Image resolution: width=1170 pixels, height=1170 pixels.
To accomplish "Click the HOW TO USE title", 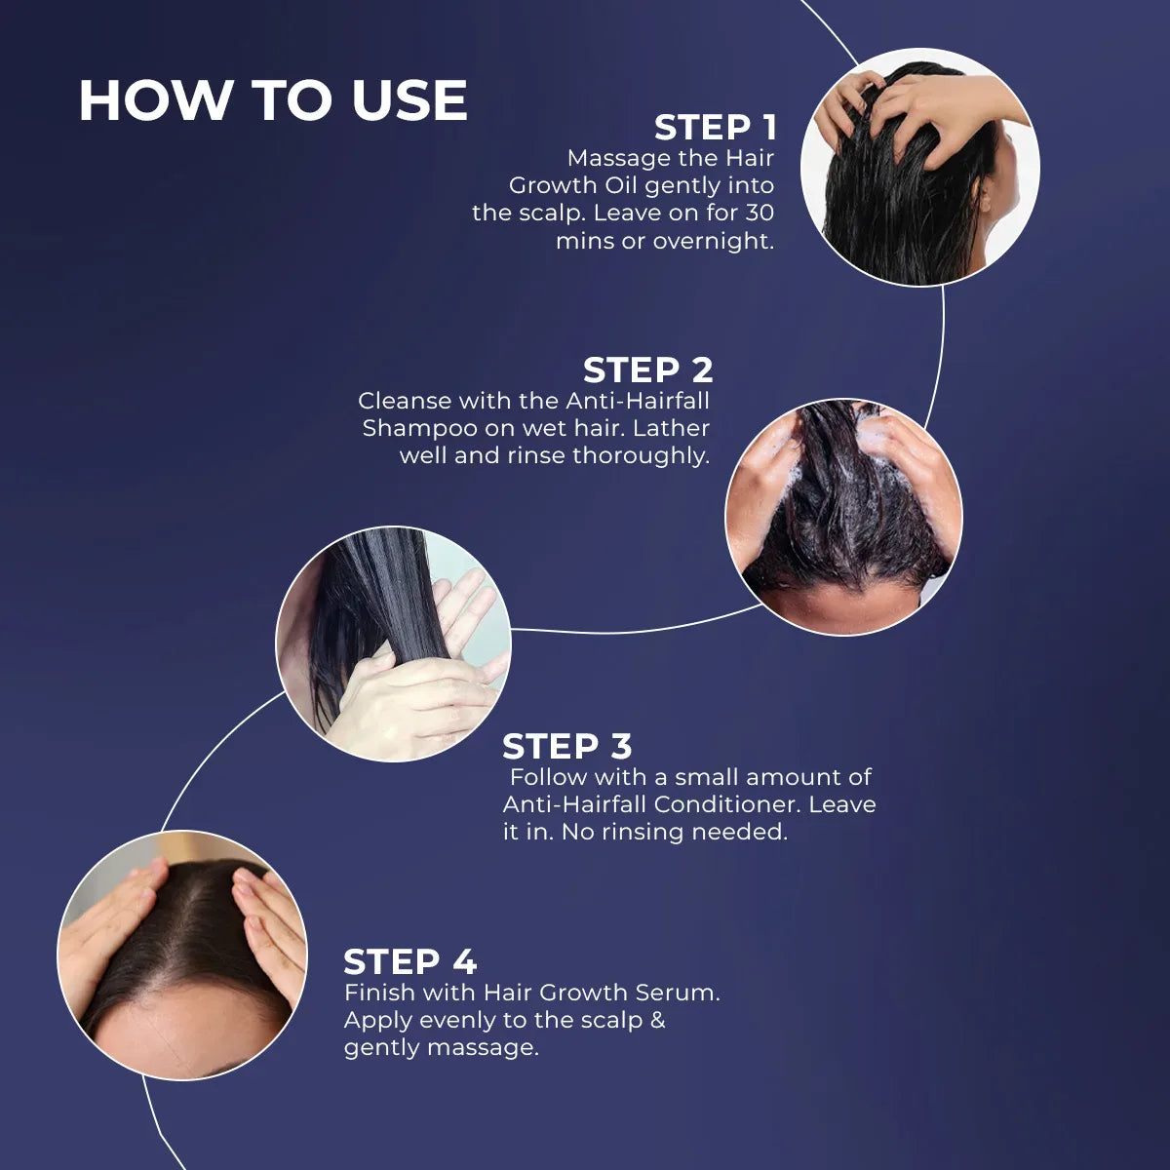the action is pyautogui.click(x=273, y=100).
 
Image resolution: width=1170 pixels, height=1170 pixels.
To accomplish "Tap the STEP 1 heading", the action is pyautogui.click(x=716, y=128).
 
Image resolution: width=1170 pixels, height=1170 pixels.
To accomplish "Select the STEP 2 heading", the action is pyautogui.click(x=647, y=370).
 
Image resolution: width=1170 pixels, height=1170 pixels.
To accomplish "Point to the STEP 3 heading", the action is pyautogui.click(x=567, y=746).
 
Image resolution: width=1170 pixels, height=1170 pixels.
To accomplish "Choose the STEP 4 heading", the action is pyautogui.click(x=410, y=961).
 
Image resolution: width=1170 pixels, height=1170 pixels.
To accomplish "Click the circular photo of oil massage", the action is pyautogui.click(x=919, y=167).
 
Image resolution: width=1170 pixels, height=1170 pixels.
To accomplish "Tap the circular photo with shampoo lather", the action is pyautogui.click(x=844, y=517).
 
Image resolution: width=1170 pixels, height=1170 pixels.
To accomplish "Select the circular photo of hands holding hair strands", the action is pyautogui.click(x=394, y=643).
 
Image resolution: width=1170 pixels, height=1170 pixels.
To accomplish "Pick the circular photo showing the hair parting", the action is pyautogui.click(x=182, y=955).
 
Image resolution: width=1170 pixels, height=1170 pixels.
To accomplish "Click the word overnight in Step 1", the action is pyautogui.click(x=714, y=242).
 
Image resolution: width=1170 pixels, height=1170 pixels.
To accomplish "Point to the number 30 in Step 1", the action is pyautogui.click(x=759, y=214).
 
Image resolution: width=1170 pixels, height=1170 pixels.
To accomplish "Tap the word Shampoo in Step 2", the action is pyautogui.click(x=420, y=429).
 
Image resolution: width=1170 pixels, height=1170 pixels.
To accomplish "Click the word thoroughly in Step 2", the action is pyautogui.click(x=642, y=455).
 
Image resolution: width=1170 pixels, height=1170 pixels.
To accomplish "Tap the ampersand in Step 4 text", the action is pyautogui.click(x=657, y=1020).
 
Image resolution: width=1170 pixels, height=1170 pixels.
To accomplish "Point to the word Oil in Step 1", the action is pyautogui.click(x=619, y=186).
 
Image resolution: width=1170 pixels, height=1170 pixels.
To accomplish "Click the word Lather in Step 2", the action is pyautogui.click(x=671, y=428).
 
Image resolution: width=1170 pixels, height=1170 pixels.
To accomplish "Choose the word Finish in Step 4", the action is pyautogui.click(x=380, y=993).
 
